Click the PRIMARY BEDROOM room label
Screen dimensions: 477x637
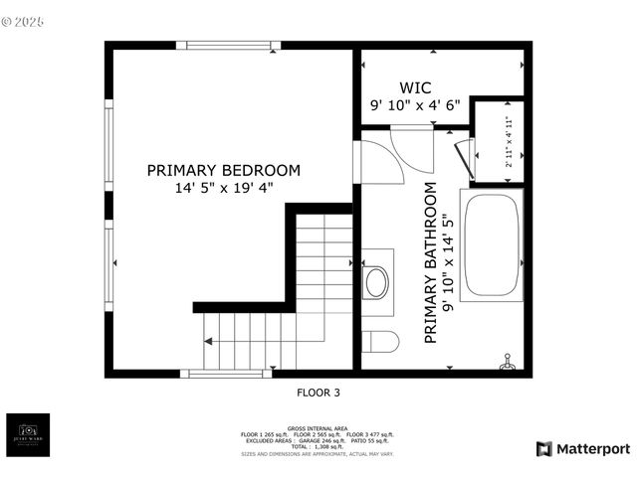coord(223,170)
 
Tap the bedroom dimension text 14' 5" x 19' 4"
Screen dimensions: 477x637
coord(223,187)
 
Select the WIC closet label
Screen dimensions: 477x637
coord(415,87)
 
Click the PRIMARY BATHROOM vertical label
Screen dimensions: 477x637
coord(431,263)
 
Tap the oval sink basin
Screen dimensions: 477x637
coord(377,282)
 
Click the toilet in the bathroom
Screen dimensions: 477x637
coord(379,342)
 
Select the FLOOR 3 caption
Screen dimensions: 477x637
coord(318,394)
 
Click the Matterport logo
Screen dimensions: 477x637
coord(582,449)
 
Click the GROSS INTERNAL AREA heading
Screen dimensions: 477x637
coord(318,428)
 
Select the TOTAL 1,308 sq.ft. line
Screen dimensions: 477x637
coord(318,447)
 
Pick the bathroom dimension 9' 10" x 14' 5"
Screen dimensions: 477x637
coord(448,263)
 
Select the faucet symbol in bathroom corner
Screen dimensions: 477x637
coord(506,361)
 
